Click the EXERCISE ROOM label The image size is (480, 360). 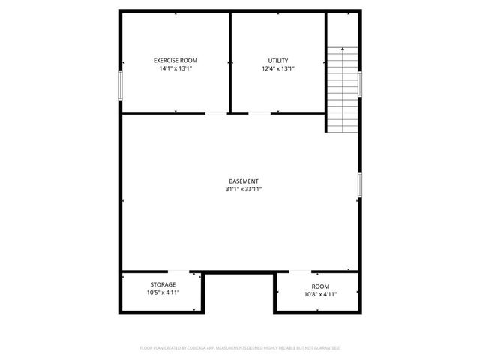(175, 60)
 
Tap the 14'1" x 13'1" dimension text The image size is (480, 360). (175, 68)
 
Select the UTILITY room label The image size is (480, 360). (277, 60)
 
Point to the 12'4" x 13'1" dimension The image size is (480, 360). (277, 68)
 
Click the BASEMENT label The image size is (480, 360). (244, 181)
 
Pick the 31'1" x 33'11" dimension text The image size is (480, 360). (244, 190)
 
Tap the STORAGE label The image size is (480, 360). (163, 284)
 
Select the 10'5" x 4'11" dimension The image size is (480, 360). (163, 292)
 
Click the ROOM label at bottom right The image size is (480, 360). (320, 286)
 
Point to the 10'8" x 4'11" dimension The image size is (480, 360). (320, 295)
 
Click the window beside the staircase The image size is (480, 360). (361, 83)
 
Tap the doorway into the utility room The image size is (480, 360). (259, 113)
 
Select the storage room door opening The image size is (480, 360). (178, 271)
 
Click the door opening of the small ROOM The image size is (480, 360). (300, 271)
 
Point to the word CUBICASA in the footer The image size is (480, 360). (194, 348)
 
